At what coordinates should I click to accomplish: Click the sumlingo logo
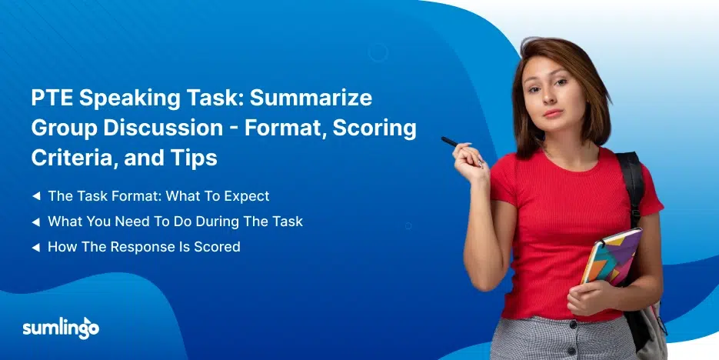point(61,328)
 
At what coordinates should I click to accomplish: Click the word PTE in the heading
point(52,98)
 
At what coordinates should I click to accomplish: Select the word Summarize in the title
point(311,98)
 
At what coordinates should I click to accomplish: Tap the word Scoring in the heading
point(374,128)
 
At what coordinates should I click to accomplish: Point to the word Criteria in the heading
point(73,158)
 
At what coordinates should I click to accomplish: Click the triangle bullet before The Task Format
point(36,196)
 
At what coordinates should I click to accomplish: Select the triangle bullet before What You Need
point(36,222)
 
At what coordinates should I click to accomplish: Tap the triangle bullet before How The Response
point(36,248)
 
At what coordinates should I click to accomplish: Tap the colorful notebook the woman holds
point(611,258)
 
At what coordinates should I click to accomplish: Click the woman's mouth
point(554,113)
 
